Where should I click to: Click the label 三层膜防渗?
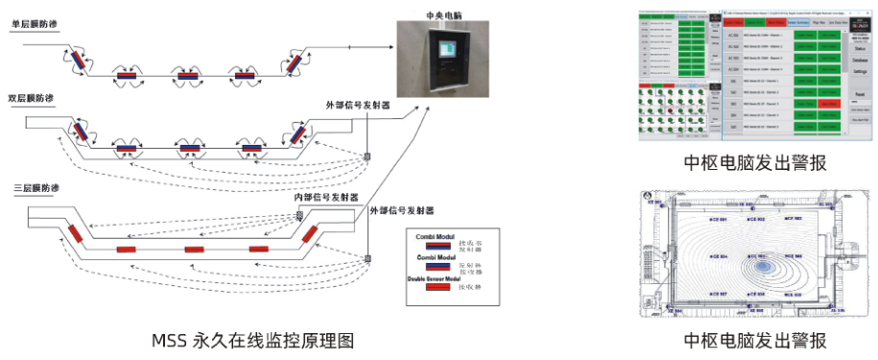coord(34,186)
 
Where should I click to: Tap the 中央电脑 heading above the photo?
coord(444,15)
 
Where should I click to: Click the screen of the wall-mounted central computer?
coord(446,50)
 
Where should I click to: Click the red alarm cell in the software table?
coord(830,103)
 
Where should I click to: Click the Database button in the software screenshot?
coord(860,60)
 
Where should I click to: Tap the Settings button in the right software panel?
coord(860,72)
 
